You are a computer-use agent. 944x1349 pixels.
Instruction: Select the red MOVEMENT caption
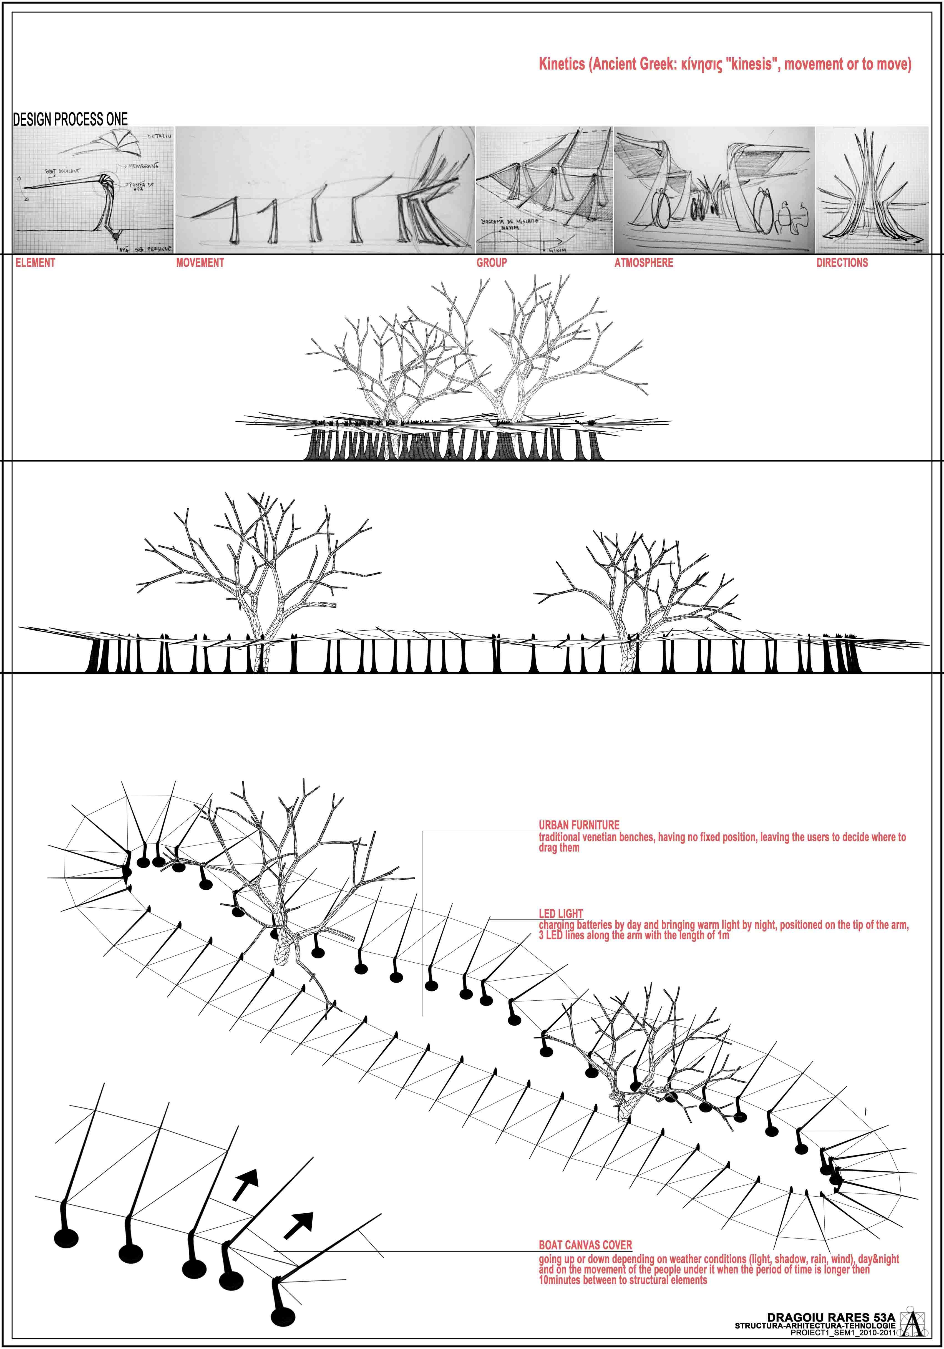(x=200, y=263)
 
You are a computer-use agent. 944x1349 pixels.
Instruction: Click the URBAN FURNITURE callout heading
(x=579, y=825)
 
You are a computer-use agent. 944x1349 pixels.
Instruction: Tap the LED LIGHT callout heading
(x=560, y=914)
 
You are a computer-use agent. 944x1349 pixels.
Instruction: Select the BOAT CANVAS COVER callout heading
(x=585, y=1245)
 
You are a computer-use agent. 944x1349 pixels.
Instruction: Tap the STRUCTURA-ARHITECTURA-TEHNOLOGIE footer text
(x=815, y=1326)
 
